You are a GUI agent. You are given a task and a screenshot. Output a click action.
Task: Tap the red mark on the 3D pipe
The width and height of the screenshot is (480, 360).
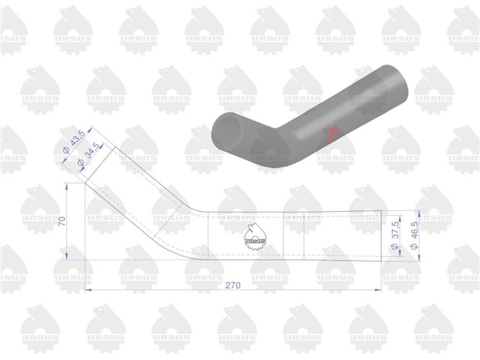pyautogui.click(x=332, y=133)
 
